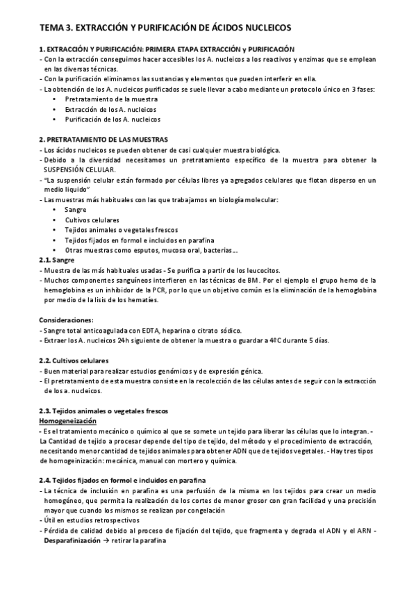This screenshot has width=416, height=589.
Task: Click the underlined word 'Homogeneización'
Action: click(67, 422)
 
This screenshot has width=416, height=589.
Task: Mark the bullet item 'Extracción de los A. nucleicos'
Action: click(110, 109)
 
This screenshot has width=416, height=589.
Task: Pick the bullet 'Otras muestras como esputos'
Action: click(152, 250)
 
